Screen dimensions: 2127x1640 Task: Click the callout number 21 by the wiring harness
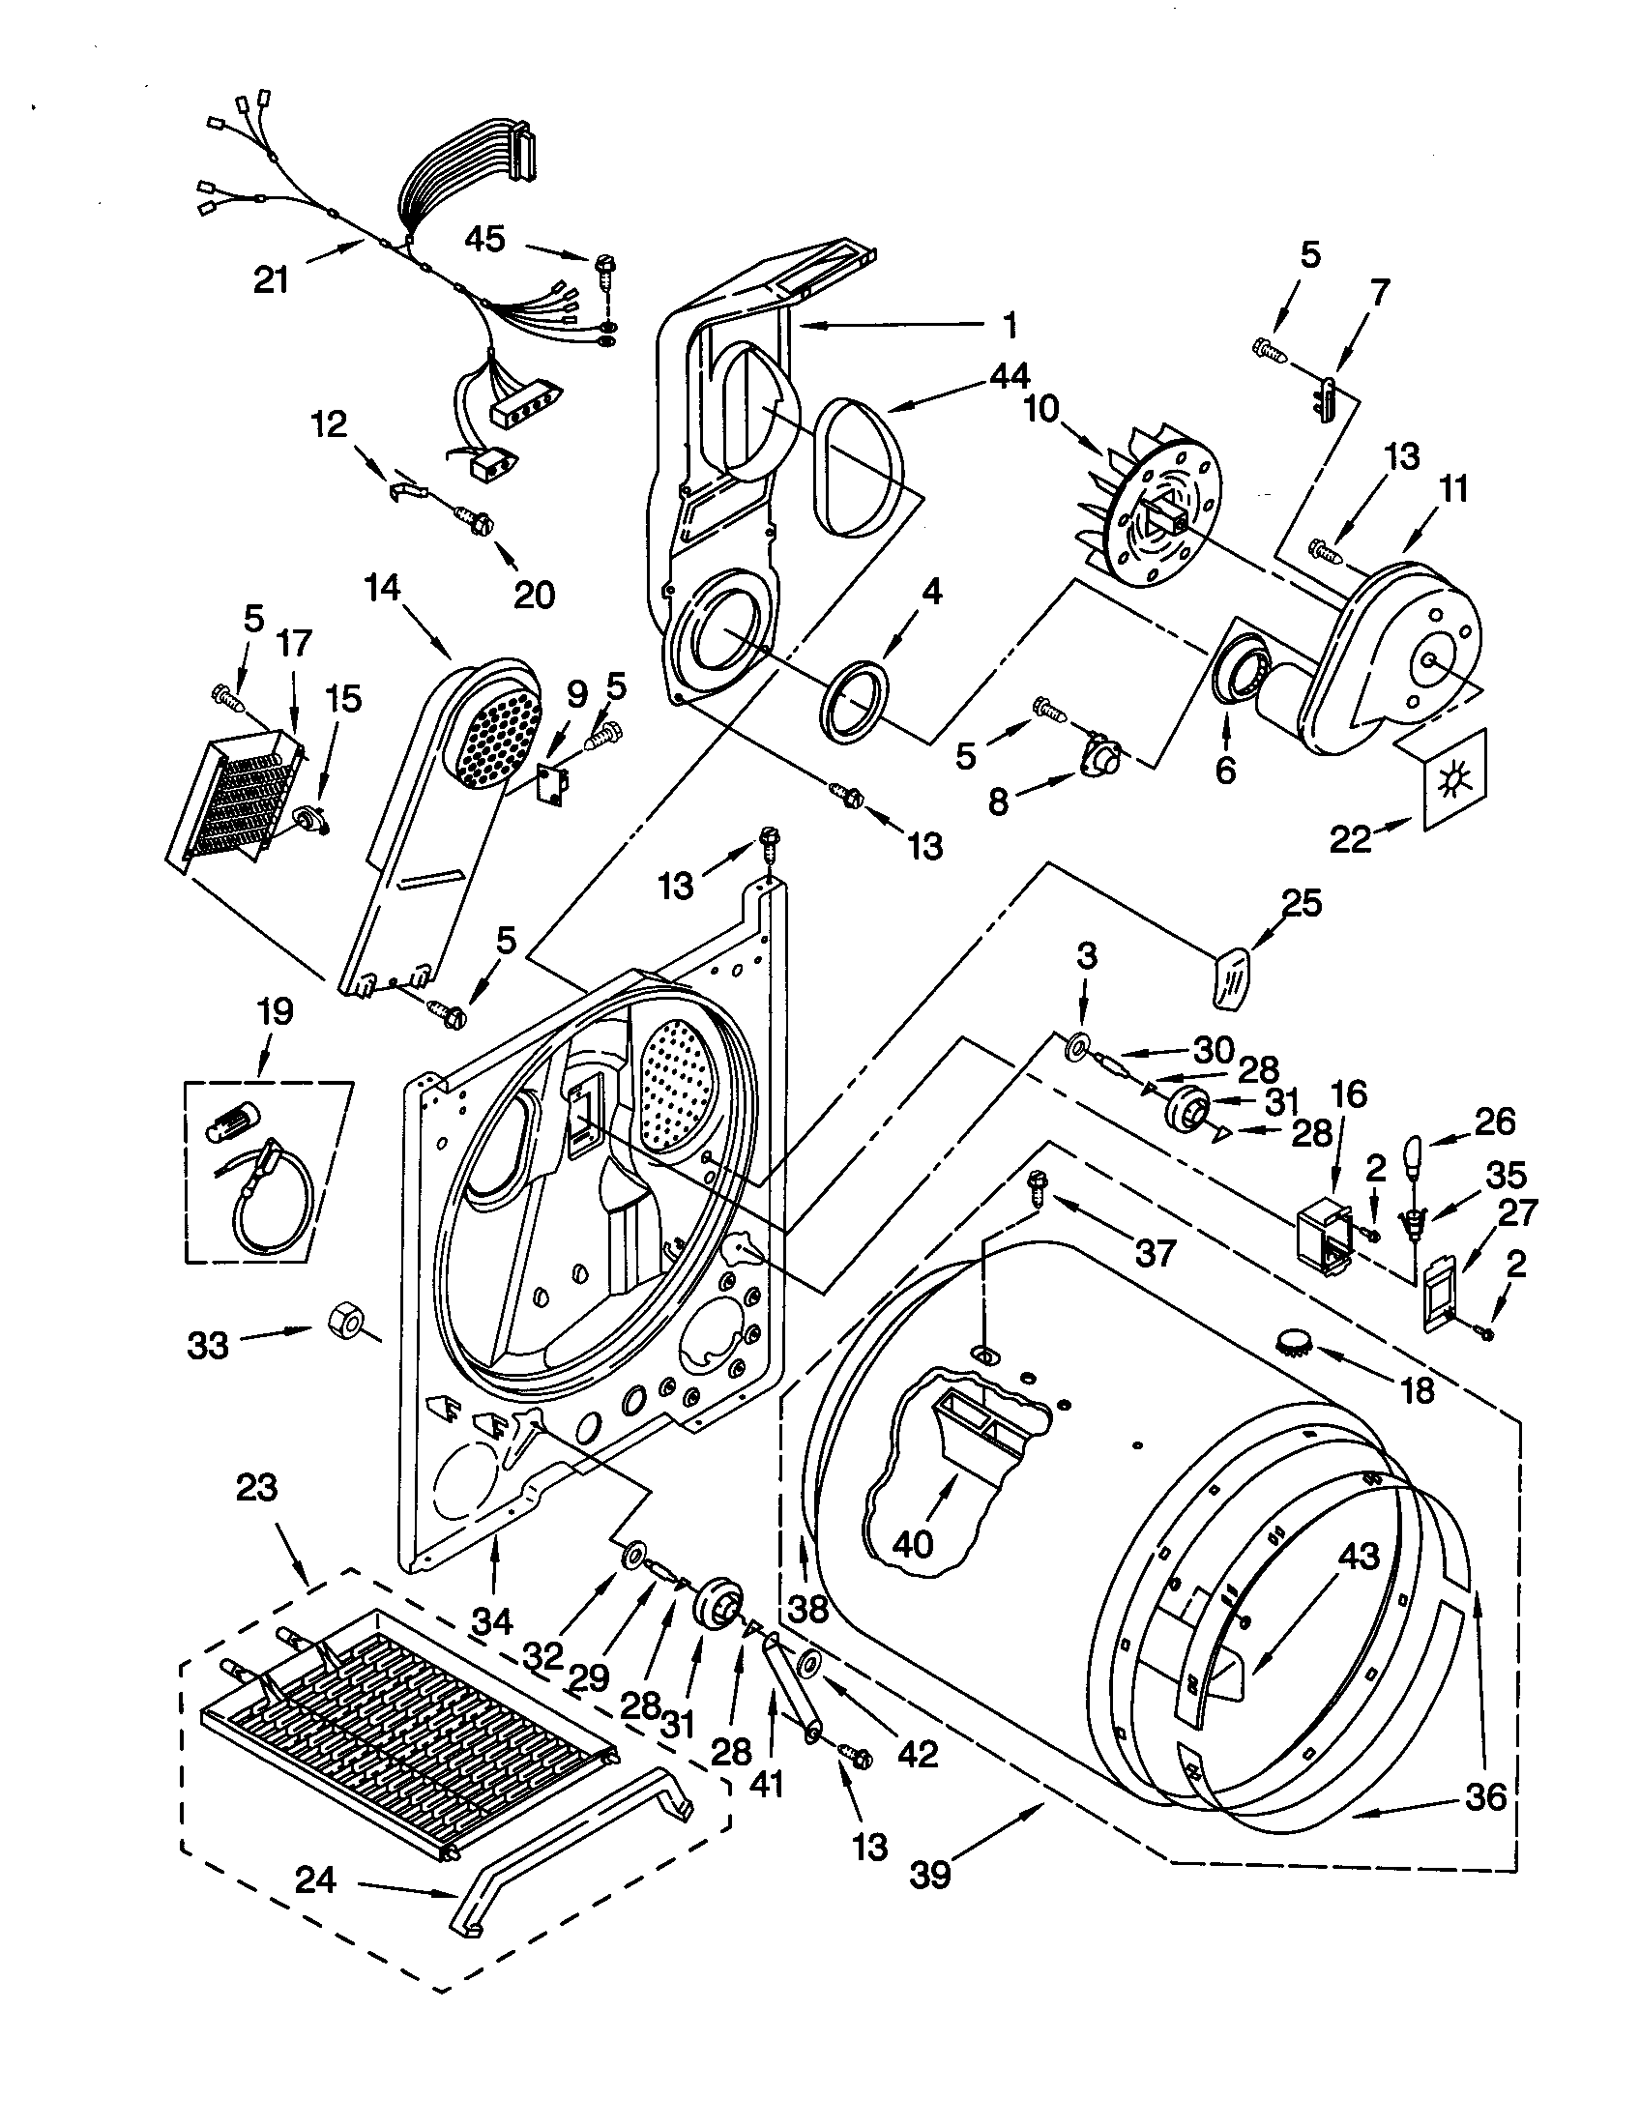pyautogui.click(x=272, y=280)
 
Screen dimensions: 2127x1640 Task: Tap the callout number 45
pyautogui.click(x=484, y=239)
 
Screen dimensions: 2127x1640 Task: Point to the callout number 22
pyautogui.click(x=1351, y=838)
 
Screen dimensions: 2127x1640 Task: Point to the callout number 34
pyautogui.click(x=493, y=1620)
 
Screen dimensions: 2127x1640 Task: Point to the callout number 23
pyautogui.click(x=256, y=1488)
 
